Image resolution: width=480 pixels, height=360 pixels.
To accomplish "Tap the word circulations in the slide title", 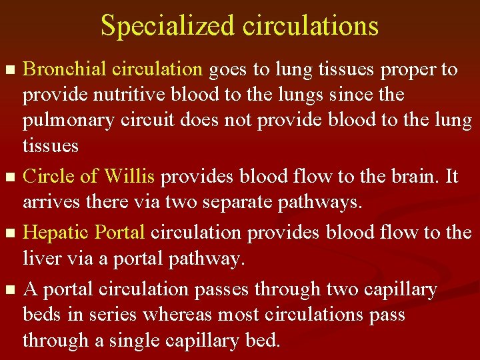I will [x=311, y=26].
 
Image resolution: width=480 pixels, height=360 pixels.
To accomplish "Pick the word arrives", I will [x=49, y=202].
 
